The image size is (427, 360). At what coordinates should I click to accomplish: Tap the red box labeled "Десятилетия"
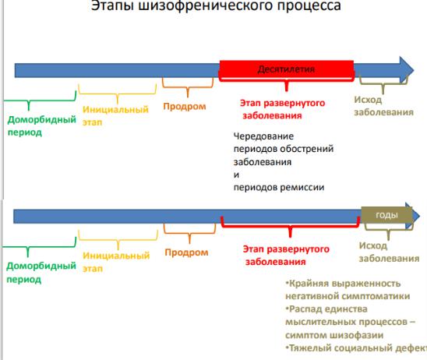(x=287, y=69)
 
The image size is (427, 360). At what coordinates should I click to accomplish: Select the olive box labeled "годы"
(x=386, y=215)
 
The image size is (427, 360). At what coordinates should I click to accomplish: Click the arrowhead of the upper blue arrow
(x=407, y=70)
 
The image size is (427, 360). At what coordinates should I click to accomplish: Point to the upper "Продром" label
(x=185, y=106)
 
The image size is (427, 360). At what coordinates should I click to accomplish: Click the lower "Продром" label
(x=186, y=252)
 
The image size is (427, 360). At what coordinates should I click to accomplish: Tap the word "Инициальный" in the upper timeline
(x=115, y=109)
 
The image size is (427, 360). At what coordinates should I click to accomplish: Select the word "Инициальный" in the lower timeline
(x=116, y=256)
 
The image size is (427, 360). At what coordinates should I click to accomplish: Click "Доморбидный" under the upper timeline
(x=41, y=120)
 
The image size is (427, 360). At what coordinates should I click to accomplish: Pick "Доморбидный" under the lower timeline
(x=41, y=266)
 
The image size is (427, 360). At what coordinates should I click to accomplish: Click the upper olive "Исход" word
(x=368, y=100)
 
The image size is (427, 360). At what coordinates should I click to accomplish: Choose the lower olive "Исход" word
(x=373, y=246)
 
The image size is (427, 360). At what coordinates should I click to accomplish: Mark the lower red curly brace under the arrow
(x=291, y=227)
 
